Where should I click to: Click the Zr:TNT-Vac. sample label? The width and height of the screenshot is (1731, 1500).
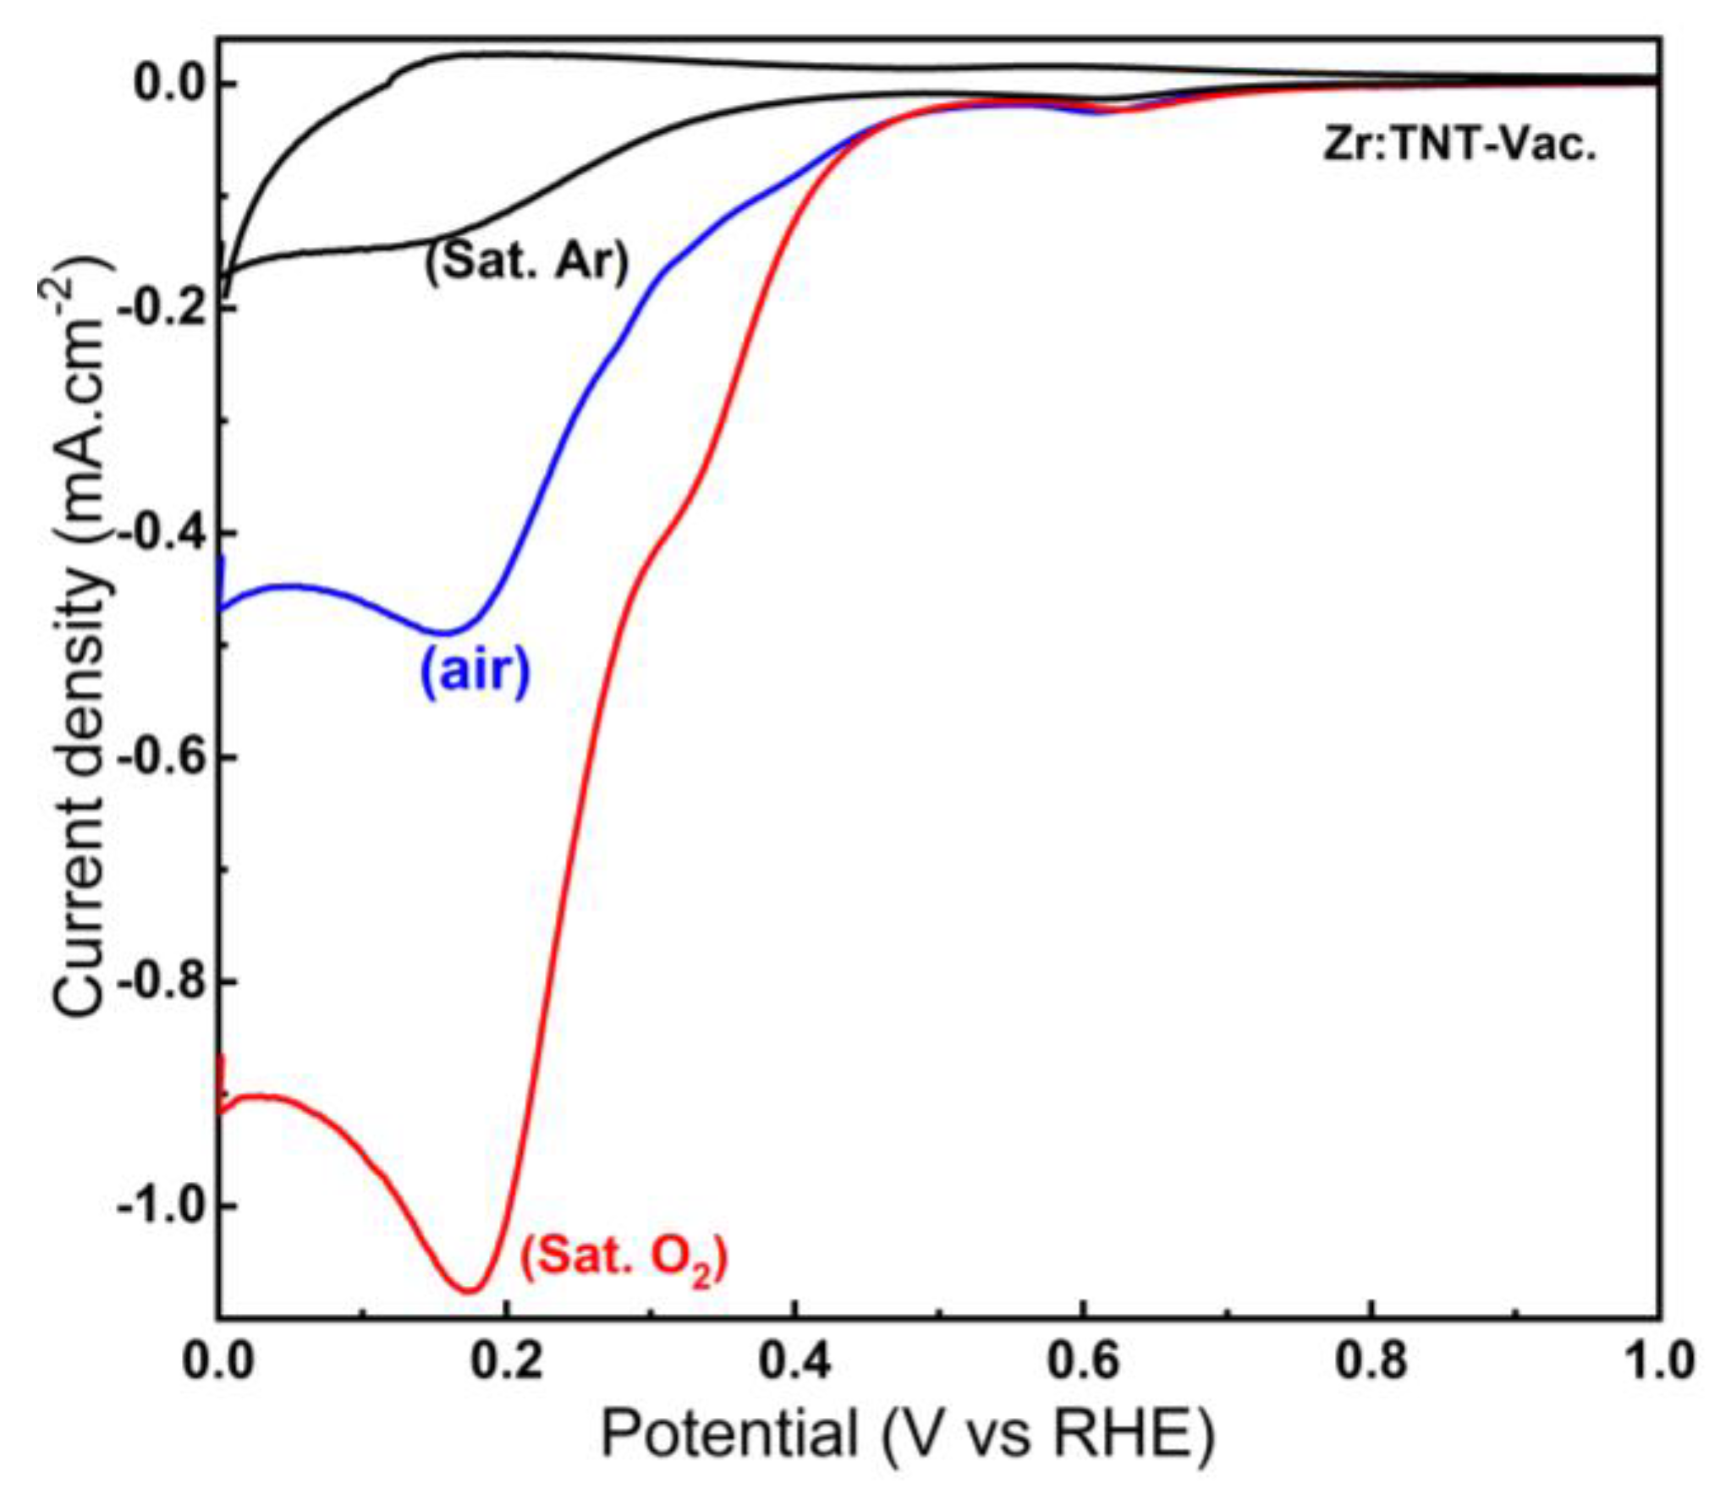click(x=1459, y=145)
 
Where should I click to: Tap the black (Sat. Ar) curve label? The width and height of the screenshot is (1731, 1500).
click(x=526, y=261)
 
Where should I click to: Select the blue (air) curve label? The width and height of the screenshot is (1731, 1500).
click(x=475, y=670)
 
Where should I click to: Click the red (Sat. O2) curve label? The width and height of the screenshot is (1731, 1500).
click(x=624, y=1257)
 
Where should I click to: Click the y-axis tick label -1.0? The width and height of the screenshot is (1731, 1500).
click(x=160, y=1205)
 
